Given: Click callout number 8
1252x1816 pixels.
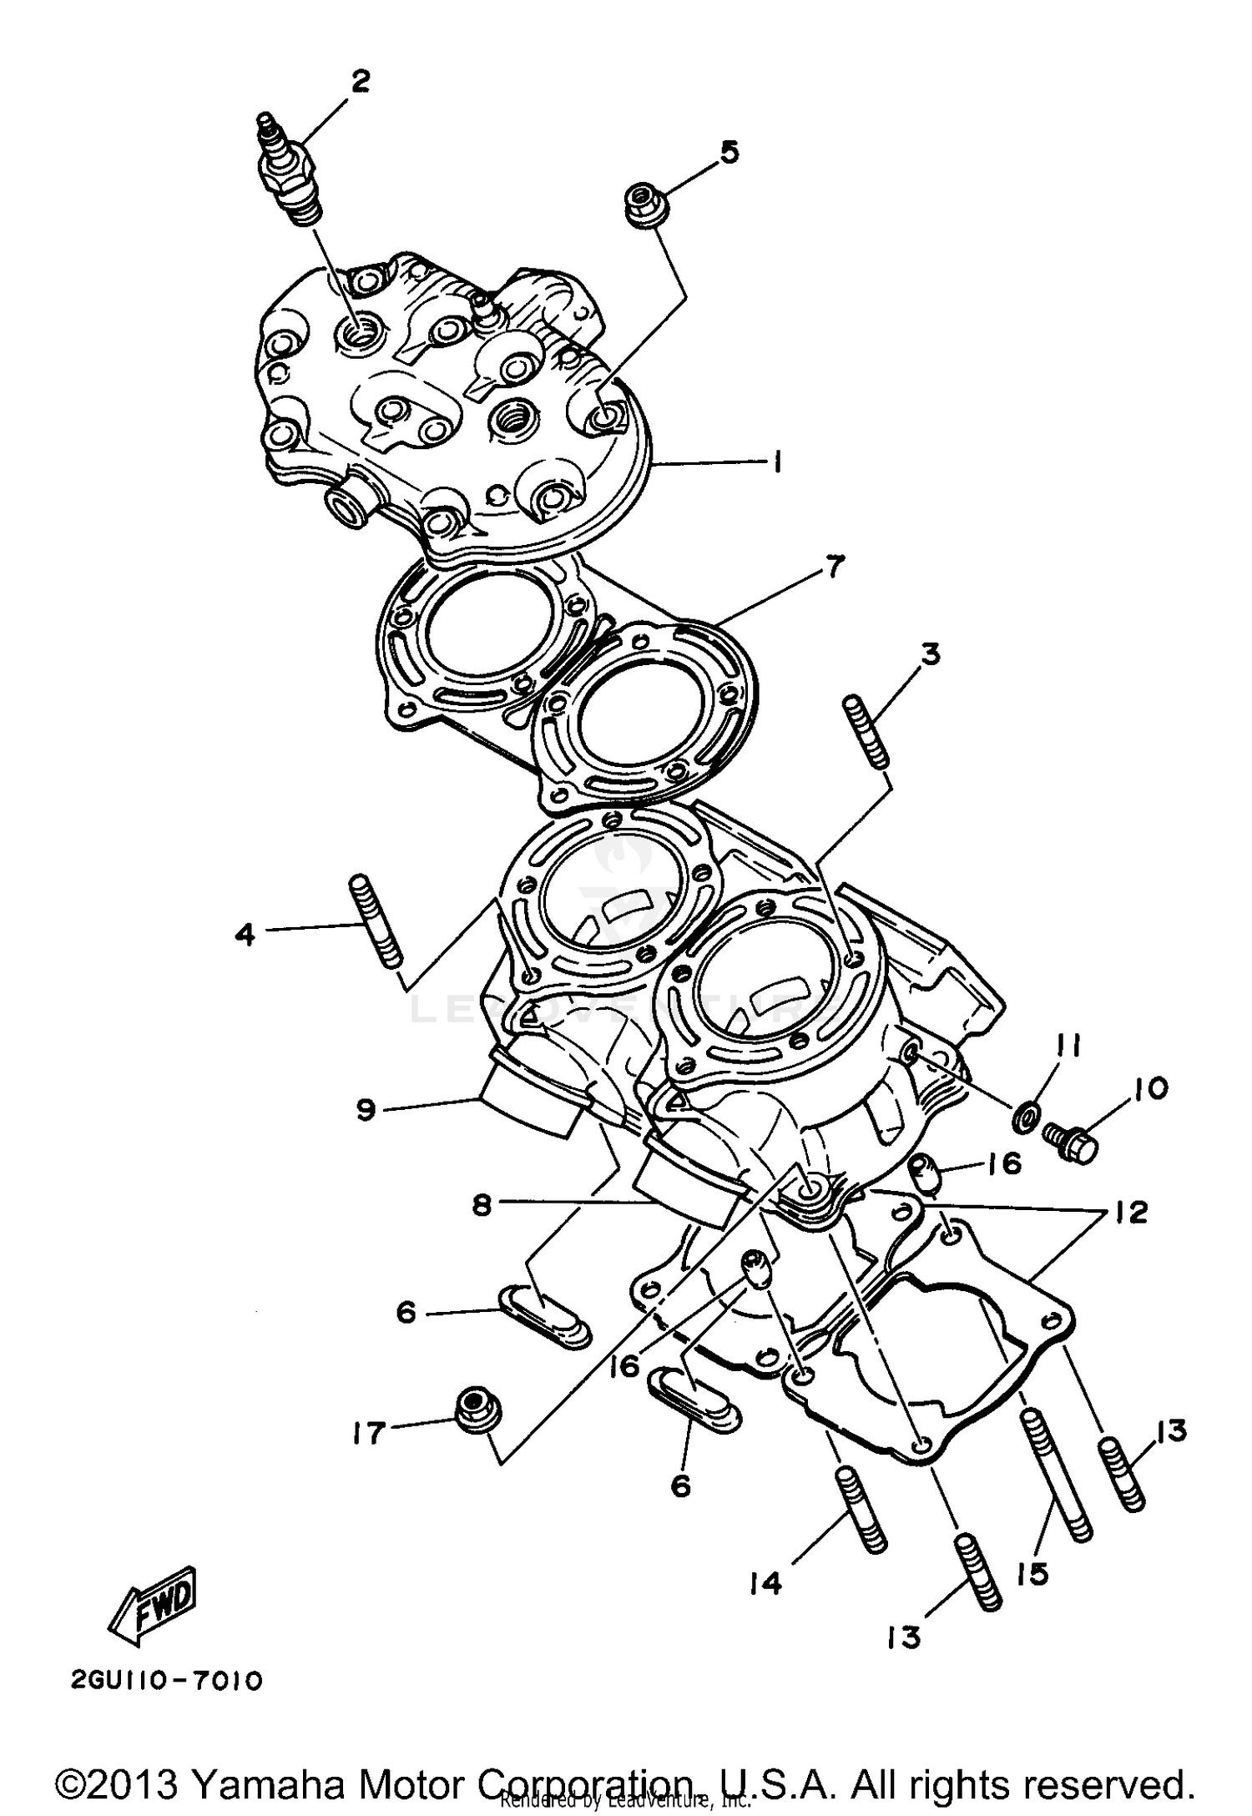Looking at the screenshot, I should point(482,1206).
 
